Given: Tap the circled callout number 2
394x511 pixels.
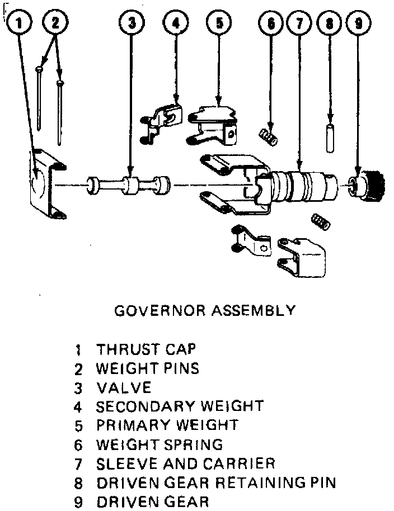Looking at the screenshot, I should point(55,23).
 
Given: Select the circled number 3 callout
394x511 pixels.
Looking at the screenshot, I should point(132,23).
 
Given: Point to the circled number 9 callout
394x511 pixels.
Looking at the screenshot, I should point(358,23).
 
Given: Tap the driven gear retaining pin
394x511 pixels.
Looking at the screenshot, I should point(330,139).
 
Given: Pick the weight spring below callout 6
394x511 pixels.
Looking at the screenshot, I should point(270,136).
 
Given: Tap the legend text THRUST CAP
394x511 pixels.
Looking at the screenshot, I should point(146,349).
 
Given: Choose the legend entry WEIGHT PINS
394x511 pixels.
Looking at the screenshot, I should point(147,368).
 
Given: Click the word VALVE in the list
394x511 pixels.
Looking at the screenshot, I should point(124,387).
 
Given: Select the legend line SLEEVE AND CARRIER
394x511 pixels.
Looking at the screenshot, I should point(185,463).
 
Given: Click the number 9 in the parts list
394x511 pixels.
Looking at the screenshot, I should point(79,501).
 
